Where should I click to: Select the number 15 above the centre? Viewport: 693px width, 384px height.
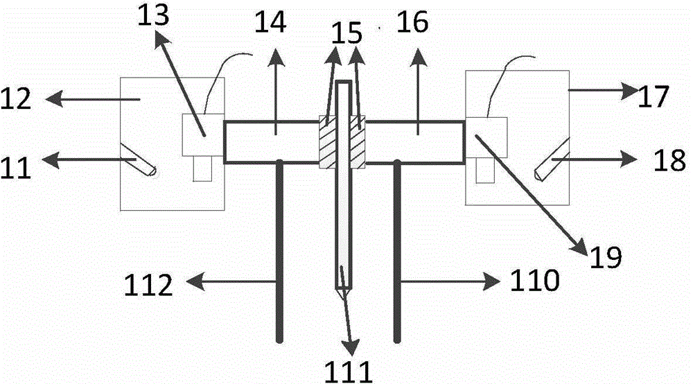point(346,33)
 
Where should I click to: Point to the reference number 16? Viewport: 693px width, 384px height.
point(412,22)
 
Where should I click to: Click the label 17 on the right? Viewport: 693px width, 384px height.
point(653,97)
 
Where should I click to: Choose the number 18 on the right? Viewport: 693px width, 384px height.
point(670,160)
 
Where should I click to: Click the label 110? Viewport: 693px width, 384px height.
point(535,280)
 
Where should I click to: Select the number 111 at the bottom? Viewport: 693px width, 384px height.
point(349,372)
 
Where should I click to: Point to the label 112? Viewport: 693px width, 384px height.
point(148,285)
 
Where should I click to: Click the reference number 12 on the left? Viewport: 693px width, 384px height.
point(16,98)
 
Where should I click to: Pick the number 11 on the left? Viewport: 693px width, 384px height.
point(16,168)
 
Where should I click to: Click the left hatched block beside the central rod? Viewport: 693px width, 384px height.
point(327,142)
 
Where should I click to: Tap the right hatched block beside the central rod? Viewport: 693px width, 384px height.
point(358,142)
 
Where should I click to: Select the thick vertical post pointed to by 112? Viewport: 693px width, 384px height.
point(279,250)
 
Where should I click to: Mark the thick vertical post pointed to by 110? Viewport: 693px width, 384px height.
point(397,250)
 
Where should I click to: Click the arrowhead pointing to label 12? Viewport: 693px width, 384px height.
point(54,99)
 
